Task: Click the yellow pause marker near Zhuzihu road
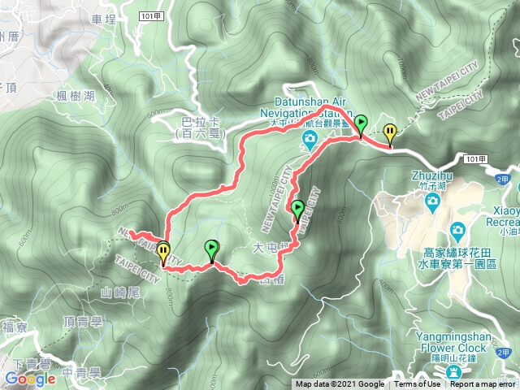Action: point(391,132)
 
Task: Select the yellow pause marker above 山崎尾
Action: point(163,253)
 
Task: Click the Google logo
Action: point(29,379)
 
